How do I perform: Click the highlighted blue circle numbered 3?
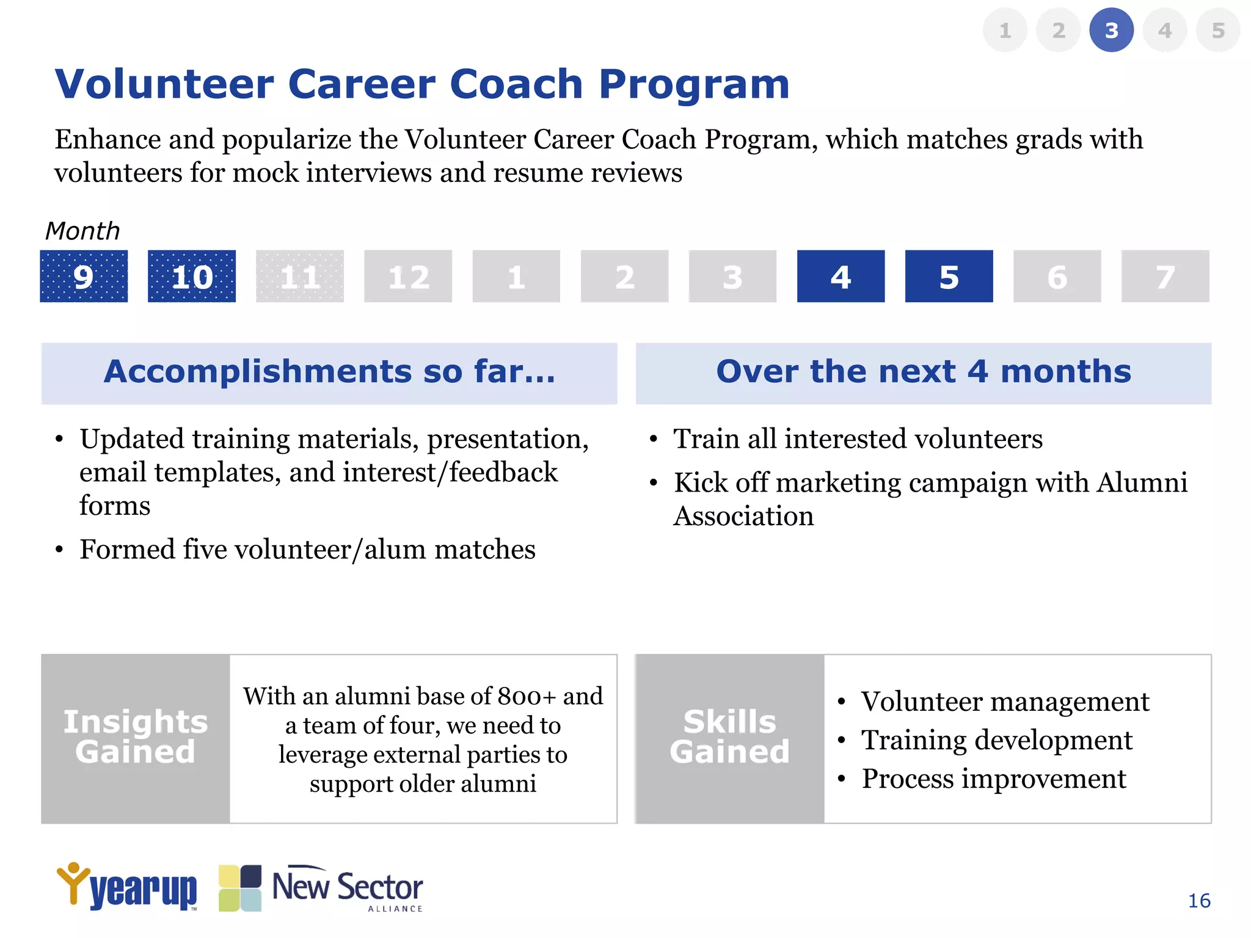point(1111,30)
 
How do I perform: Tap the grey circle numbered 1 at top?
point(1005,30)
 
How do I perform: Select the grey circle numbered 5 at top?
point(1218,30)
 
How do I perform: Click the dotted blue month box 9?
point(84,276)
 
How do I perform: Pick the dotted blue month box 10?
point(192,276)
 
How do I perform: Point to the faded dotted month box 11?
point(300,276)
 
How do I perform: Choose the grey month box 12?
point(408,276)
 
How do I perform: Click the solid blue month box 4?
point(841,276)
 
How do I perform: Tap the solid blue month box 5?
point(949,276)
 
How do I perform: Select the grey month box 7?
point(1165,276)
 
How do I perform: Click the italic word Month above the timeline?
point(82,231)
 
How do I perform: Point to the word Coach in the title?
point(516,84)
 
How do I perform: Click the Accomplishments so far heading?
point(329,372)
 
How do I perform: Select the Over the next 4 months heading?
point(923,372)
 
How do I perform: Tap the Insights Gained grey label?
point(136,738)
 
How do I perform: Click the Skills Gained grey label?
point(729,738)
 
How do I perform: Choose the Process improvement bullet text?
point(993,779)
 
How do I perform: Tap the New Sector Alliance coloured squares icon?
point(240,888)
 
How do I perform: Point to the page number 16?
point(1199,901)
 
